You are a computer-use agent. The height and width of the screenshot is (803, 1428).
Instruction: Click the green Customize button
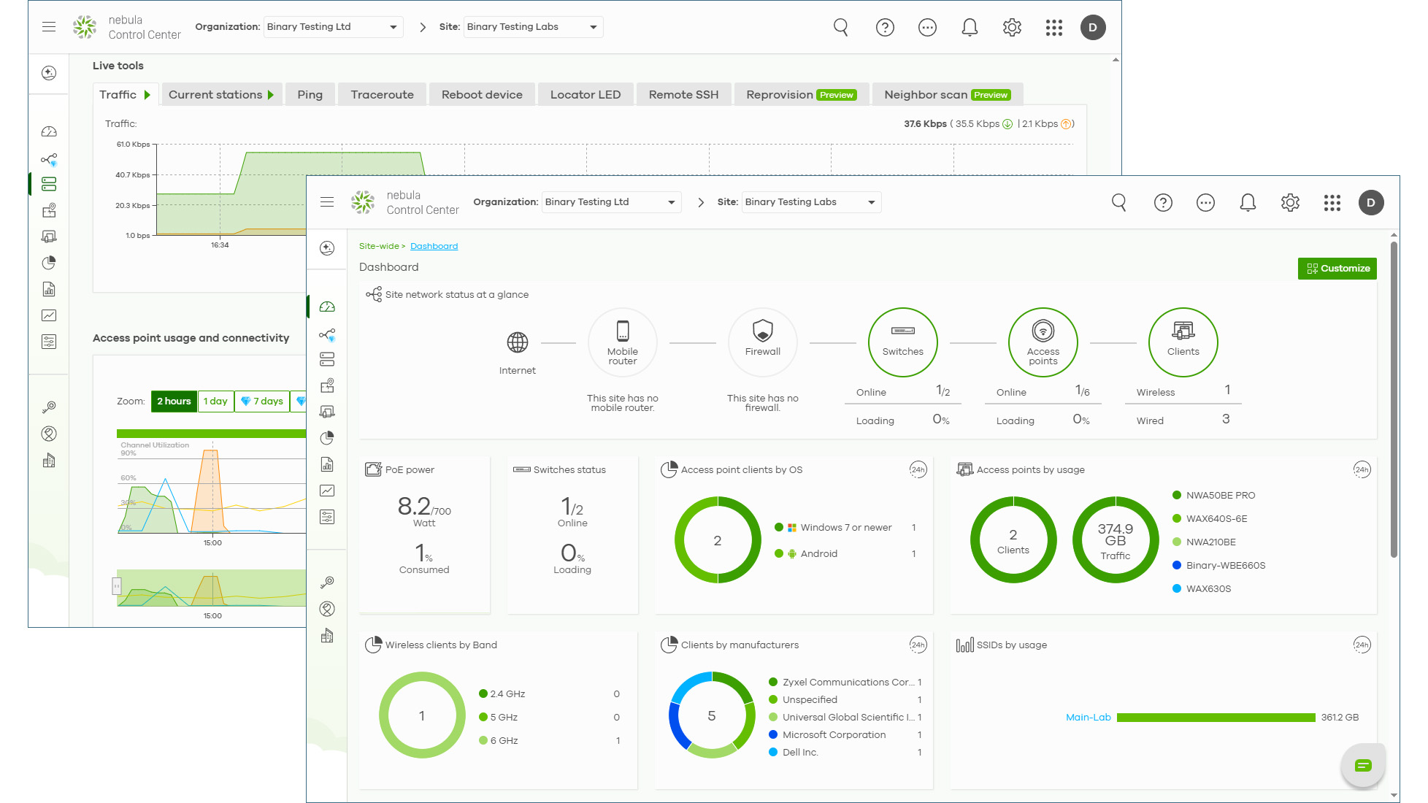click(x=1337, y=269)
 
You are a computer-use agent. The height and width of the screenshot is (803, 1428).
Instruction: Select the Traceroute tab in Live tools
click(x=382, y=95)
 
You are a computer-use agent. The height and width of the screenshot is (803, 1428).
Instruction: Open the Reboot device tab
click(x=482, y=95)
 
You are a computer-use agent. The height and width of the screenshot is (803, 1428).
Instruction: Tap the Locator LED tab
click(x=585, y=95)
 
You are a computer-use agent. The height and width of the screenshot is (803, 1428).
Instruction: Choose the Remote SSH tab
click(x=683, y=95)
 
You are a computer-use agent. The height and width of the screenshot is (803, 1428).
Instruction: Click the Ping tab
click(x=310, y=95)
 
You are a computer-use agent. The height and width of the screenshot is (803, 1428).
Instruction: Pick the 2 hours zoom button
click(x=174, y=401)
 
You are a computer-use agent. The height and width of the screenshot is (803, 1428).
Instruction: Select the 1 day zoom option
click(x=215, y=401)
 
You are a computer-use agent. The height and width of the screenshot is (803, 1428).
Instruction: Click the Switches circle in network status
click(x=902, y=342)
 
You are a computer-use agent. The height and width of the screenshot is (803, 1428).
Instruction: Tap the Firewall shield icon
click(x=762, y=331)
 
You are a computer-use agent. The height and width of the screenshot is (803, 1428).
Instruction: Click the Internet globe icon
click(x=517, y=342)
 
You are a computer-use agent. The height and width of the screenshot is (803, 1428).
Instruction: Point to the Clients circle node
click(x=1183, y=342)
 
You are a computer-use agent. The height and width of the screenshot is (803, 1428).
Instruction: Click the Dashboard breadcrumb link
click(x=434, y=247)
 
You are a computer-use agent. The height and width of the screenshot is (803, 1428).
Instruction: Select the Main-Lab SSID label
click(x=1088, y=718)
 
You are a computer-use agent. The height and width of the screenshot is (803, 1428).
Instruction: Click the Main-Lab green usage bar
click(x=1216, y=718)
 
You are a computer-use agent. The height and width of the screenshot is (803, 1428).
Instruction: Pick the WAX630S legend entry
click(x=1208, y=589)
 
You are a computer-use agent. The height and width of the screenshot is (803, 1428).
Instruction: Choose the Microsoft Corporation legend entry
click(x=834, y=735)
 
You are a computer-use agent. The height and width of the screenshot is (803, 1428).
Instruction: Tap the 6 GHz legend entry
click(x=504, y=741)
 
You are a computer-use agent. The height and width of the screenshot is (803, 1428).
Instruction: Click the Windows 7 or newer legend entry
click(x=845, y=528)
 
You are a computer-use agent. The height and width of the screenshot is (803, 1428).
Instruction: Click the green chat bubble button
click(x=1362, y=765)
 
